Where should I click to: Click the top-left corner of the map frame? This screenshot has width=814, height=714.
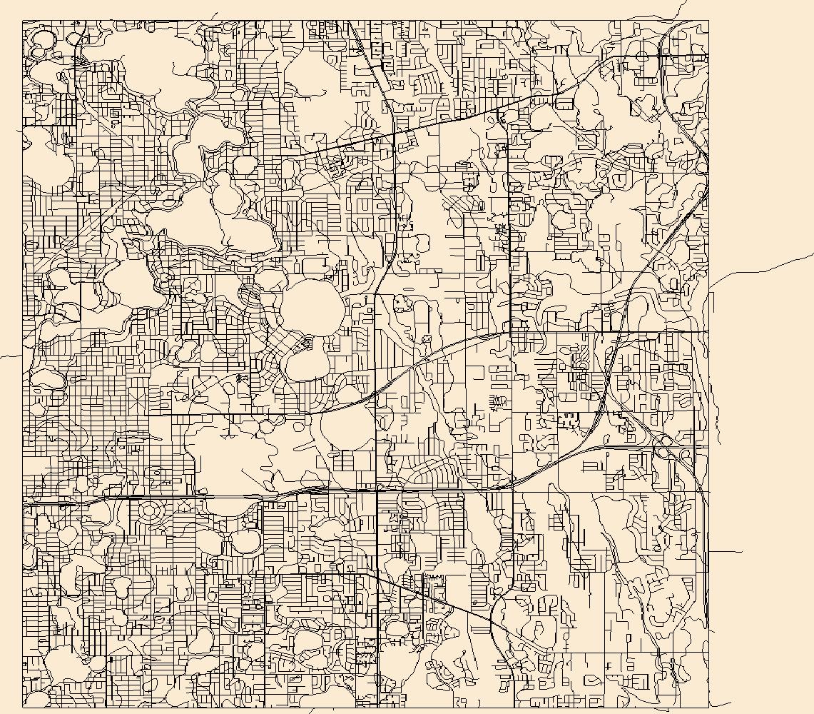click(23, 20)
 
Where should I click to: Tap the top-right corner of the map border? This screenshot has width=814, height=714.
click(708, 20)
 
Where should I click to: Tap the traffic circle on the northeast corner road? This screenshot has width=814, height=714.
click(642, 56)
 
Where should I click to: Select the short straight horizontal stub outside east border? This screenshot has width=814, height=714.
click(726, 551)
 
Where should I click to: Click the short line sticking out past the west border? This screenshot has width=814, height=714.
click(11, 356)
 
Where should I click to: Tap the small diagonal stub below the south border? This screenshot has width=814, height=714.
click(310, 711)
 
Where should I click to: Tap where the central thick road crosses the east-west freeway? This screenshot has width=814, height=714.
click(377, 491)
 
